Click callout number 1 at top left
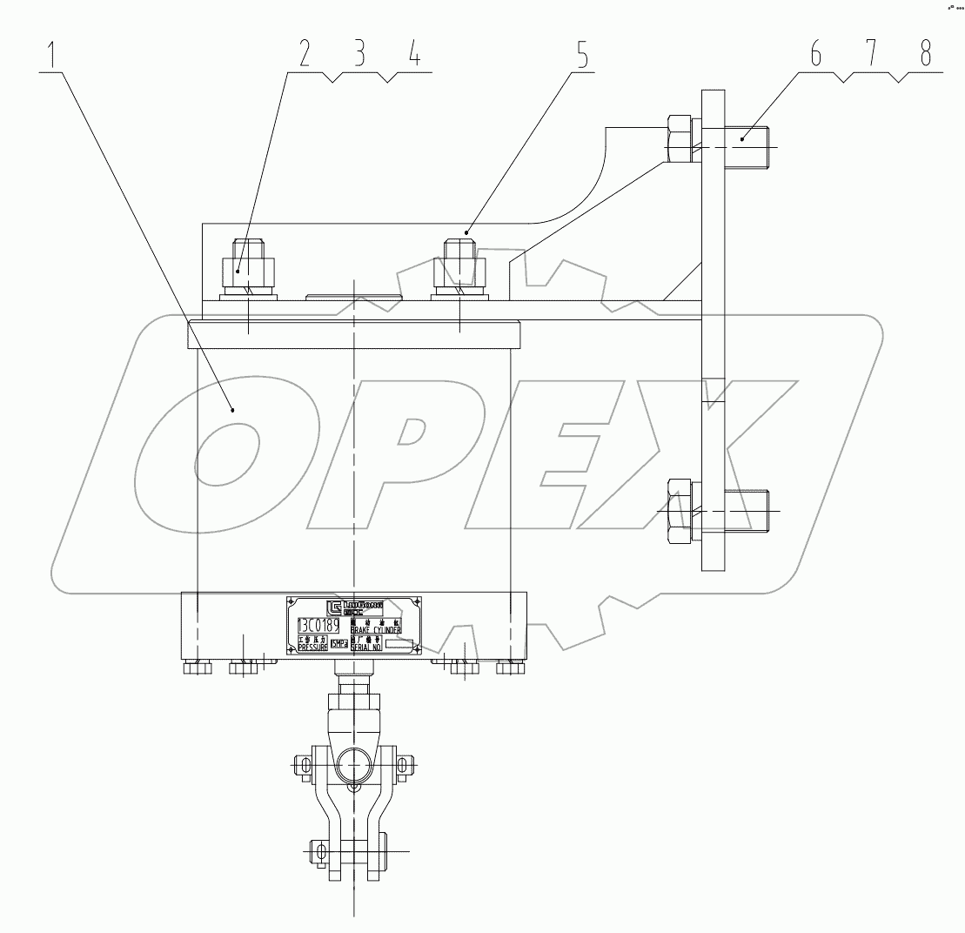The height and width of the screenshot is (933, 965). pyautogui.click(x=54, y=56)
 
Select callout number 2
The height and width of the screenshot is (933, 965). pyautogui.click(x=304, y=56)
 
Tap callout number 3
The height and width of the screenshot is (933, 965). pyautogui.click(x=359, y=56)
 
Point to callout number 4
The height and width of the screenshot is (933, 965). pyautogui.click(x=414, y=56)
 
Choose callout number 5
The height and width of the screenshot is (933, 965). pyautogui.click(x=580, y=56)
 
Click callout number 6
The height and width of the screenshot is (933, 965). pyautogui.click(x=815, y=56)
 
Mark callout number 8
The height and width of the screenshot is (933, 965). pyautogui.click(x=924, y=56)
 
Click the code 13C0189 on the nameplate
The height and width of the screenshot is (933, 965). pyautogui.click(x=318, y=626)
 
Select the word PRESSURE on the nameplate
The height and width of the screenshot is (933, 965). pyautogui.click(x=312, y=648)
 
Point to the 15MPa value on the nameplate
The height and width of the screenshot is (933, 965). pyautogui.click(x=338, y=644)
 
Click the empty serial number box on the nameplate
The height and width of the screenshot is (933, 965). pyautogui.click(x=400, y=645)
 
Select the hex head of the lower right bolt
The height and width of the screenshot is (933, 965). pyautogui.click(x=679, y=511)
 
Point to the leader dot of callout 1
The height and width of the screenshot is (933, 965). pyautogui.click(x=232, y=407)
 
